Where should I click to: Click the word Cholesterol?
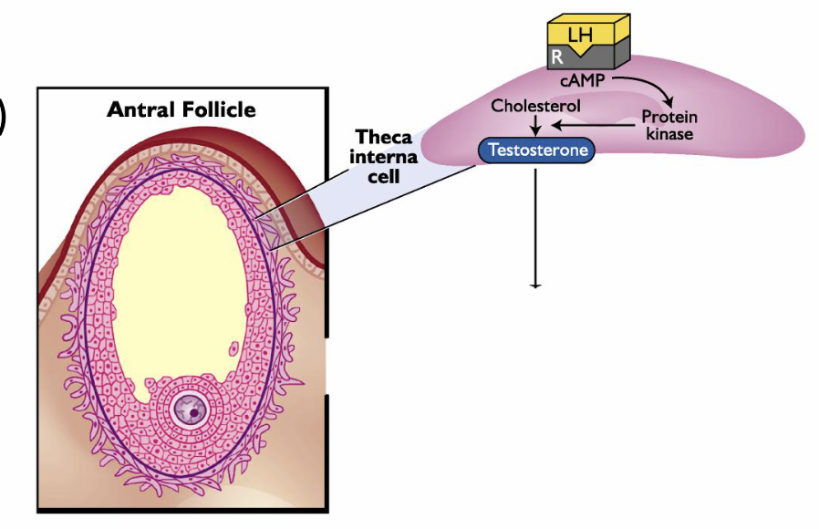pos(535,106)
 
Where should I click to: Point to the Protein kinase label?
pos(669,125)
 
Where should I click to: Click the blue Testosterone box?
pos(537,150)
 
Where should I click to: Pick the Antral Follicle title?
pos(181,110)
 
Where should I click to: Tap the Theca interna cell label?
pos(384,156)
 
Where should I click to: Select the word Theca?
pos(384,138)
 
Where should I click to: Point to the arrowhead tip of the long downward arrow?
pos(535,285)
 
